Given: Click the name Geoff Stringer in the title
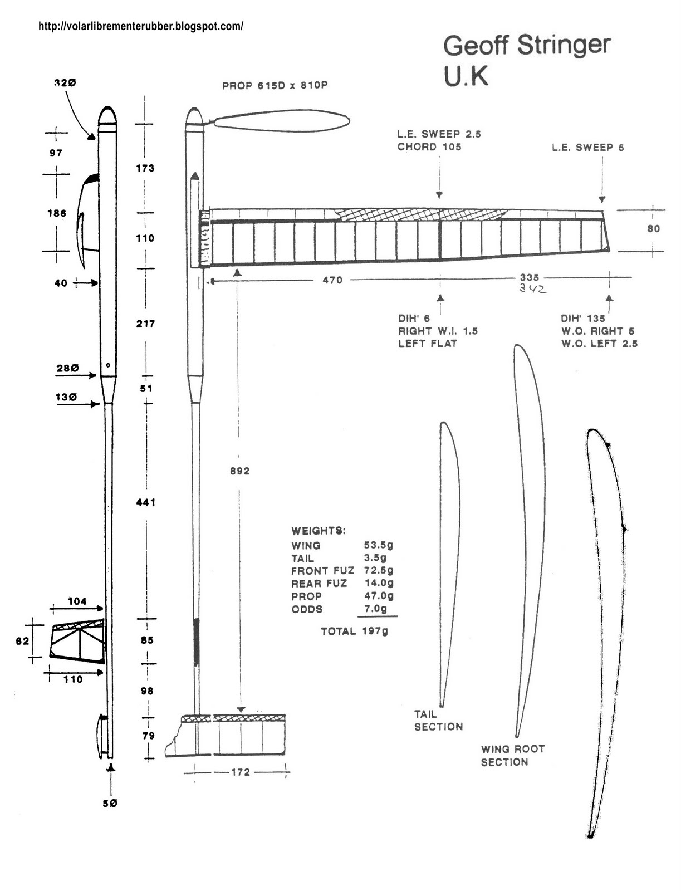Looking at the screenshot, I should tap(526, 45).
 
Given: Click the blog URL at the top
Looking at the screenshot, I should tap(141, 26).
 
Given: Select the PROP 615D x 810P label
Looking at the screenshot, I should tap(275, 86).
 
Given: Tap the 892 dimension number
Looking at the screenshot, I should tap(239, 471).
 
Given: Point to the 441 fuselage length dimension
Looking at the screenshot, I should tap(146, 502).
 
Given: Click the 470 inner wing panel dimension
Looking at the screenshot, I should tap(332, 280).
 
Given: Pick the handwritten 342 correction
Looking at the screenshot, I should tap(533, 289).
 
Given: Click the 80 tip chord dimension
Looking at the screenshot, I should tap(653, 228).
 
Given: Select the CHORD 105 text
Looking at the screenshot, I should tap(429, 147).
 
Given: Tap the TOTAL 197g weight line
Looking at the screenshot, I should tap(354, 631).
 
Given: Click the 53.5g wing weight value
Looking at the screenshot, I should tap(379, 545).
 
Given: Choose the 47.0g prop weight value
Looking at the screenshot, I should tap(379, 596).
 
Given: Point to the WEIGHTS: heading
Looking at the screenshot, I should tap(318, 531).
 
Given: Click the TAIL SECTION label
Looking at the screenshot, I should tap(438, 720).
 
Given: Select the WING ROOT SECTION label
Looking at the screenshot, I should tap(512, 756).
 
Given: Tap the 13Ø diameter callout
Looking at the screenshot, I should tap(66, 397).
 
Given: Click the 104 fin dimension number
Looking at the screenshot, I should tap(77, 601).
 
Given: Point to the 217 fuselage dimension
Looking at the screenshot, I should tap(145, 324).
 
